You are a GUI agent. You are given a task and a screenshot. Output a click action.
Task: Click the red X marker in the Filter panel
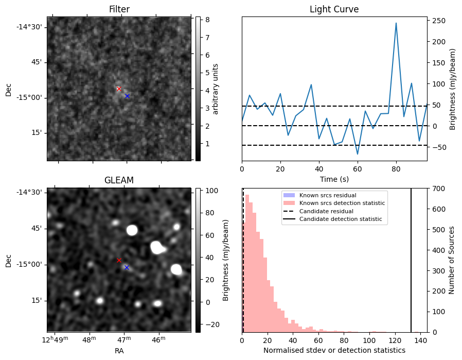(119, 89)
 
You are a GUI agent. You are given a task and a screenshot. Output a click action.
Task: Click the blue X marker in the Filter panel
(127, 96)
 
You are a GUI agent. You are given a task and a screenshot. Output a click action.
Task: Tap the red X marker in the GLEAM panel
(119, 260)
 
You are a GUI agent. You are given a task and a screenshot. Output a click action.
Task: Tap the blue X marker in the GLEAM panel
(127, 267)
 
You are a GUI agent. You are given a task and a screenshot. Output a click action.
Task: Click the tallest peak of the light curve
(396, 23)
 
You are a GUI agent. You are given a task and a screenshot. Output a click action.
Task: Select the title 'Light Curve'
(334, 9)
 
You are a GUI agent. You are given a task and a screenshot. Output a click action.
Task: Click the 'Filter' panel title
(119, 9)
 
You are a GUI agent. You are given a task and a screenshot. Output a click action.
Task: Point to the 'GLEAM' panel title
(119, 180)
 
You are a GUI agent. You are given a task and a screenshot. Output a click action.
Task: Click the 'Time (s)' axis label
(334, 178)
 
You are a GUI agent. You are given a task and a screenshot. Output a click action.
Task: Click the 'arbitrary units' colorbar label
(216, 89)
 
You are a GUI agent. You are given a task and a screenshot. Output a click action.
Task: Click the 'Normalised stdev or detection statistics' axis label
(334, 350)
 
